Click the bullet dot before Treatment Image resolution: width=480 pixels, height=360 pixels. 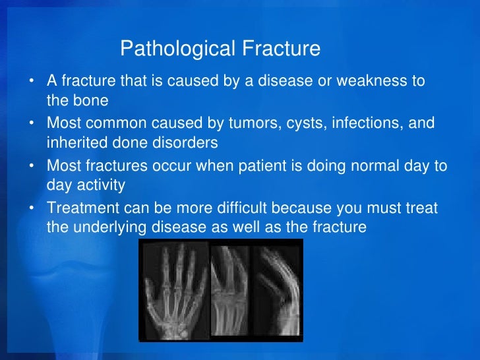(32, 207)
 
